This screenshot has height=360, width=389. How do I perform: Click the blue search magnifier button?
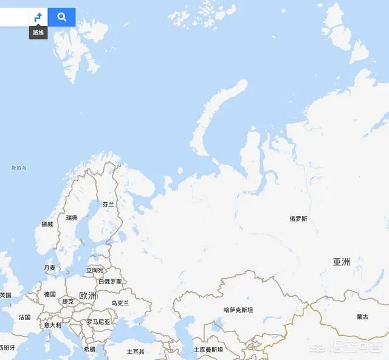click(61, 17)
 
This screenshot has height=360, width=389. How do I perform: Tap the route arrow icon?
click(38, 18)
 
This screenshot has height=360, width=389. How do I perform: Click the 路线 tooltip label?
click(38, 32)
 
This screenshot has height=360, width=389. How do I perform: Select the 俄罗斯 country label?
click(298, 219)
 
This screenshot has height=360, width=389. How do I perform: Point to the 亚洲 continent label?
click(341, 262)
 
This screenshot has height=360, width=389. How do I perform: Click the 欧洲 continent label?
click(88, 296)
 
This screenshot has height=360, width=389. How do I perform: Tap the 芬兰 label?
click(108, 205)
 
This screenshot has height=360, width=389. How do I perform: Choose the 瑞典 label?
click(72, 217)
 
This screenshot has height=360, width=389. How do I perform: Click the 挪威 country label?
click(47, 224)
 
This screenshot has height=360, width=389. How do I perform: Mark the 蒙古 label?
click(362, 317)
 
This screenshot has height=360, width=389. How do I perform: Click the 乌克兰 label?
click(120, 303)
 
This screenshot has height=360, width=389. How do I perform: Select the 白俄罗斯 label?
click(110, 282)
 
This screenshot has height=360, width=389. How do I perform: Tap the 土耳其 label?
click(136, 352)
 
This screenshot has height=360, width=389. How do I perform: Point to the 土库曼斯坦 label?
click(208, 350)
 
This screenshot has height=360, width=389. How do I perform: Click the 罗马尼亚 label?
click(98, 322)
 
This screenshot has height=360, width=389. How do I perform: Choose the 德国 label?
click(50, 294)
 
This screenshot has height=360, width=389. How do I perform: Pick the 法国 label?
click(24, 318)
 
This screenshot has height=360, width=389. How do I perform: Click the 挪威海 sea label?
click(19, 168)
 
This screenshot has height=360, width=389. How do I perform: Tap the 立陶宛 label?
click(95, 270)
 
